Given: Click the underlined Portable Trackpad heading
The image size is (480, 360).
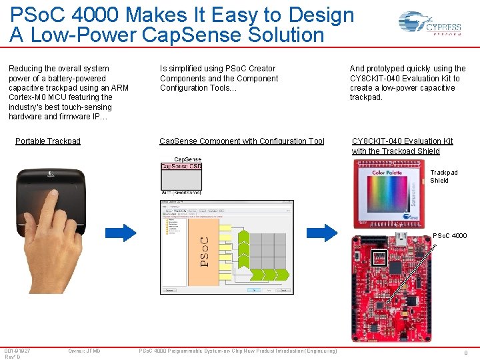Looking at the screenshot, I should (48, 141).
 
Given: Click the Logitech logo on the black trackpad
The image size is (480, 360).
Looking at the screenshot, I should (51, 175).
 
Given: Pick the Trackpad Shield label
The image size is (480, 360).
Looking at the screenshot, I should (443, 177).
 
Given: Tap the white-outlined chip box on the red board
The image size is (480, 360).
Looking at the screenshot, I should (379, 259).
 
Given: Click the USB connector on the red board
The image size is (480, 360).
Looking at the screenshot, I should (401, 239).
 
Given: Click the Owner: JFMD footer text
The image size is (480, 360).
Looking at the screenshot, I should (84, 351).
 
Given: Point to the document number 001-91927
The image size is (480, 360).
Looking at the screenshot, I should (17, 351).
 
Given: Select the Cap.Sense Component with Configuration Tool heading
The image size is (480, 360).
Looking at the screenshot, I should (242, 141).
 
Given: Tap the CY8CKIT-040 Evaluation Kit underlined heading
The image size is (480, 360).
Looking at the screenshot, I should (402, 141).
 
